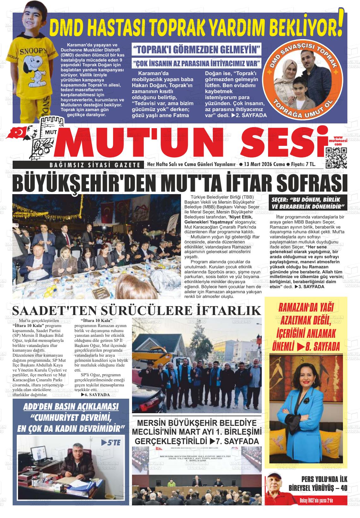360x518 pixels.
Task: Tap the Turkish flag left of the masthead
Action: [19, 133]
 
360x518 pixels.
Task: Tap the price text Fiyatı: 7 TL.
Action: [303, 164]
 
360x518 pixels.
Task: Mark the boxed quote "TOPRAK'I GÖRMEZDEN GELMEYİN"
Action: [197, 50]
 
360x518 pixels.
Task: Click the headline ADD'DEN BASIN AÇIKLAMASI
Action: [71, 407]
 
